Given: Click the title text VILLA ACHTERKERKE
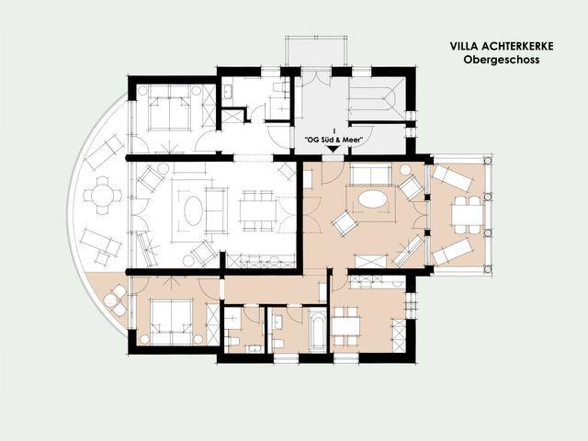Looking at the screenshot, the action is pos(502,46).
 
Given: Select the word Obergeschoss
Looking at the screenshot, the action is pos(502,60).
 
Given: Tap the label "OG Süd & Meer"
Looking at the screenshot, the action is pos(334,140).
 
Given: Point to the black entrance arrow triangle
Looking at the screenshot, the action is pos(333,149).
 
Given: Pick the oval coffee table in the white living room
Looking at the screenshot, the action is pos(194,210).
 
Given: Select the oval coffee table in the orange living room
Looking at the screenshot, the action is pos(373,198).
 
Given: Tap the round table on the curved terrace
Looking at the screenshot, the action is pos(103,196).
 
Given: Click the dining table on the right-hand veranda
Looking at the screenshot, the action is pos(468,215).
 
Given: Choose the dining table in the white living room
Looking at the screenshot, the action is pos(258,211).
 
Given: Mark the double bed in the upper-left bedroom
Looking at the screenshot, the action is pos(169,108).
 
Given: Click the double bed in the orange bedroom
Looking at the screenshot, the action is pos(171,322).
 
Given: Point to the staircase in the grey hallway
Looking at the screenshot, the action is pos(376,99).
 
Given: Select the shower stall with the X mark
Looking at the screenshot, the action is pos(232,117).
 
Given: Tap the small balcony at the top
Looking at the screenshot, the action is pos(316,51).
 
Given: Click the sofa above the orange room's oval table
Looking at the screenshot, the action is pos(371,175).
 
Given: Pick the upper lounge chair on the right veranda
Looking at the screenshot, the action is pos(451,177).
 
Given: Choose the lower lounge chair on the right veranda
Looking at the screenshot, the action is pos(452,252).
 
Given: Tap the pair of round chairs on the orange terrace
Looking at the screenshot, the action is pos(116,300).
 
